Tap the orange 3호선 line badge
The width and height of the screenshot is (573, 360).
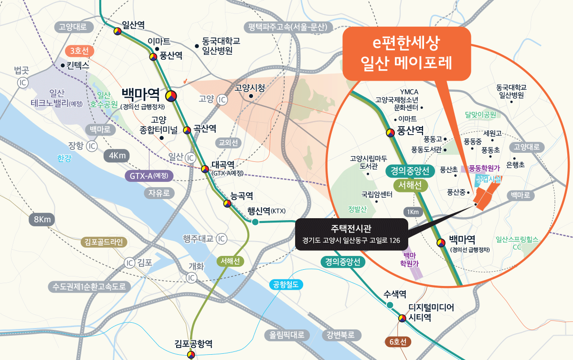(80, 51)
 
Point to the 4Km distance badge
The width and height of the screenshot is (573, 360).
(117, 156)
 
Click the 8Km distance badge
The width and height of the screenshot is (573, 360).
(42, 220)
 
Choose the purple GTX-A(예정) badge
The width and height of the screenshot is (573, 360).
(149, 176)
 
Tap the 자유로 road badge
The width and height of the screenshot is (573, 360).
(159, 193)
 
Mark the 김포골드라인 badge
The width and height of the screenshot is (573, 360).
(104, 242)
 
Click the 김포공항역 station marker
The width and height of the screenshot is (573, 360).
(191, 354)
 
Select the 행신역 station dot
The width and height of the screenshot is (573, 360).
(255, 222)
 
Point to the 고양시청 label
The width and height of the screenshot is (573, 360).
(250, 88)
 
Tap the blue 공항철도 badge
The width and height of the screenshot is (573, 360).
(286, 285)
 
